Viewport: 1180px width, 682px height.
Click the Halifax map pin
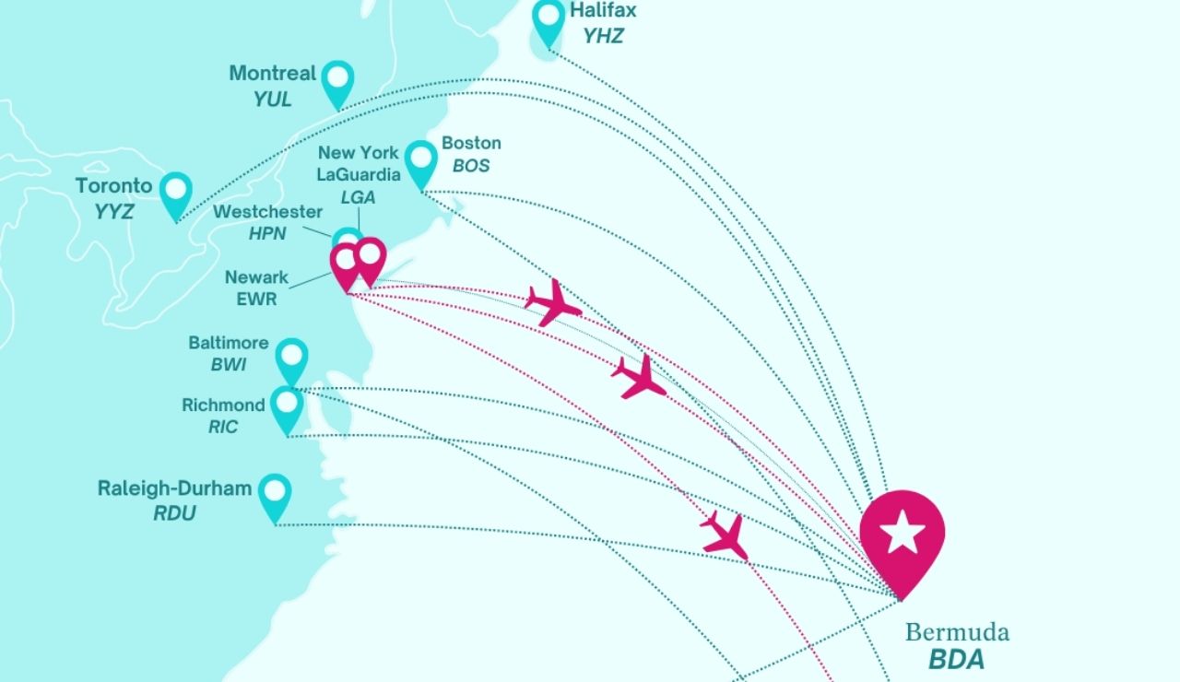click(549, 19)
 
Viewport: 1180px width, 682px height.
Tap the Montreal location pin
click(338, 80)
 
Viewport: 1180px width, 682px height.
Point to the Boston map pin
click(421, 160)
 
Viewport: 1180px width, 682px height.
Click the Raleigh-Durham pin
click(275, 493)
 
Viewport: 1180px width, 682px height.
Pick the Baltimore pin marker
click(291, 358)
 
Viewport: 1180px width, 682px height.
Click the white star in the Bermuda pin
click(902, 533)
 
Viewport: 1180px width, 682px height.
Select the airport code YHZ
click(603, 36)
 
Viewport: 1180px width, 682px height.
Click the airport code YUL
click(273, 99)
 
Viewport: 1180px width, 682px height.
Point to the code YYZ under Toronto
click(114, 212)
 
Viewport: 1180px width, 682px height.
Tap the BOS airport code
click(471, 166)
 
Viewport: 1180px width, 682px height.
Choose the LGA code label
click(359, 197)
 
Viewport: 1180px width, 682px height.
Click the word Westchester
click(268, 212)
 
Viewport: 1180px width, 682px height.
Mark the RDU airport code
click(175, 513)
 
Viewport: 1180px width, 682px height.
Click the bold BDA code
click(956, 660)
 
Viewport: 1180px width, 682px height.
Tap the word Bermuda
click(957, 632)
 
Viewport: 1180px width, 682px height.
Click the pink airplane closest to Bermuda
click(725, 535)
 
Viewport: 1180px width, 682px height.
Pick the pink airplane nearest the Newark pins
click(553, 301)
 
